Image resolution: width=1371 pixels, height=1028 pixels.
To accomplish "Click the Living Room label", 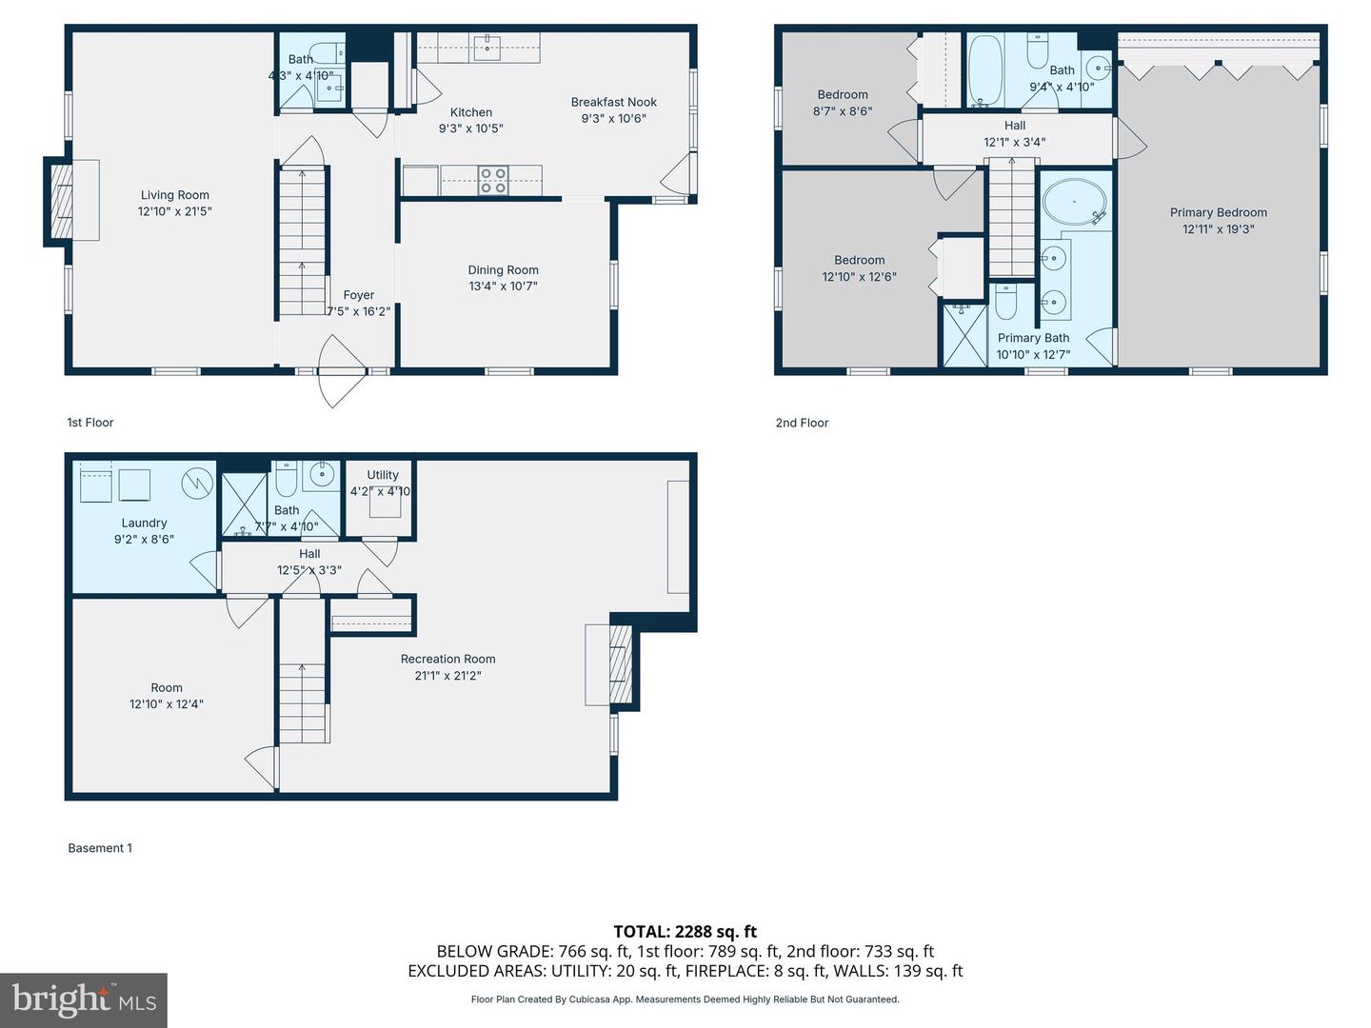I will pyautogui.click(x=174, y=195).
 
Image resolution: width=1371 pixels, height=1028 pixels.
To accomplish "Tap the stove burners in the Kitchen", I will pyautogui.click(x=492, y=180).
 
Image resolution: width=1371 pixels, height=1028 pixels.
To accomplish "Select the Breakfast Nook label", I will pyautogui.click(x=613, y=102).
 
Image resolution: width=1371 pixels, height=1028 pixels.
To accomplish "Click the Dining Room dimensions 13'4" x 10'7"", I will pyautogui.click(x=503, y=286).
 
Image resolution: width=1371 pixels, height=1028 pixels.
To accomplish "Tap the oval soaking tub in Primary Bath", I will pyautogui.click(x=1074, y=202).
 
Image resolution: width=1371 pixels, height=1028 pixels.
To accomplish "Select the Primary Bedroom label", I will pyautogui.click(x=1218, y=212).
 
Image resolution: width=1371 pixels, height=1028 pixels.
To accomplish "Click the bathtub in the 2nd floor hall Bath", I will pyautogui.click(x=984, y=70).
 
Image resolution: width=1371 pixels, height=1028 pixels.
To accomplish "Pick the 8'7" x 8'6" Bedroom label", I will pyautogui.click(x=843, y=94).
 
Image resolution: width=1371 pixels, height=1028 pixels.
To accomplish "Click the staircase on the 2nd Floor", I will pyautogui.click(x=1010, y=219).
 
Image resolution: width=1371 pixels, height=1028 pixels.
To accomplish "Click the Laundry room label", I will pyautogui.click(x=144, y=523).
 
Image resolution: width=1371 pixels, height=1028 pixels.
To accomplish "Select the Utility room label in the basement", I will pyautogui.click(x=383, y=475).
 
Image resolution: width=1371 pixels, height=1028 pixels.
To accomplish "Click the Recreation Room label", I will pyautogui.click(x=447, y=659).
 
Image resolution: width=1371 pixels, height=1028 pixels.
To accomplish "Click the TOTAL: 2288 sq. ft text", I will pyautogui.click(x=685, y=932).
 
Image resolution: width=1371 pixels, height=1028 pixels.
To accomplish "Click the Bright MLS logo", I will pyautogui.click(x=84, y=999).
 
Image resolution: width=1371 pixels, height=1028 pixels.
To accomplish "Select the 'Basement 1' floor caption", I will pyautogui.click(x=100, y=848).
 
